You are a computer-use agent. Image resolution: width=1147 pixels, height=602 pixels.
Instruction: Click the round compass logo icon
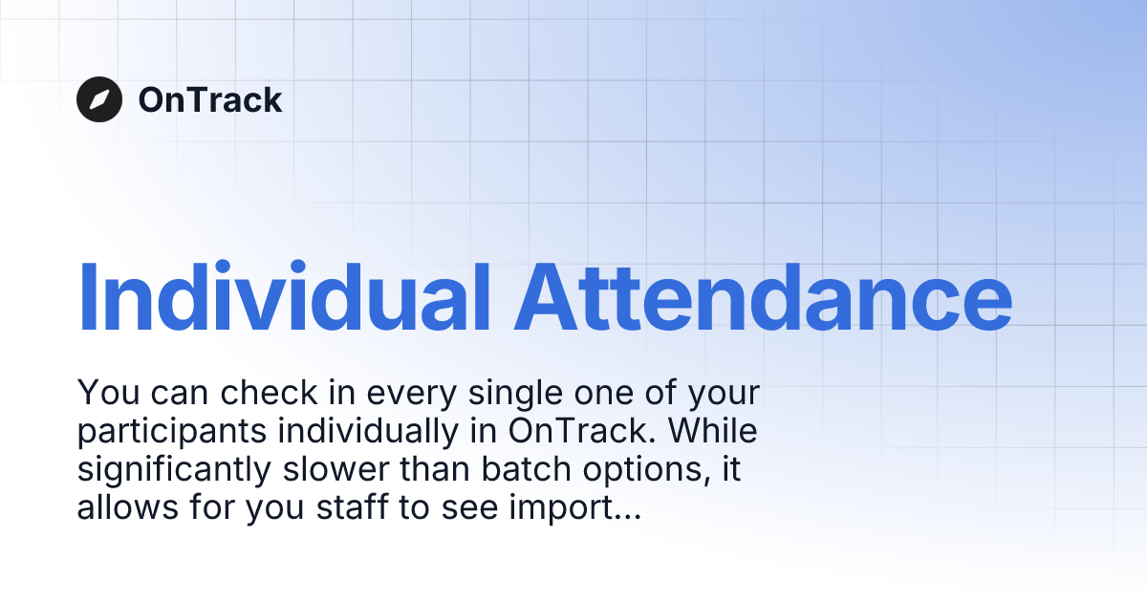point(99,99)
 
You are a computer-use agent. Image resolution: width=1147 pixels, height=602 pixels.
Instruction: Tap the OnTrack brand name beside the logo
point(210,99)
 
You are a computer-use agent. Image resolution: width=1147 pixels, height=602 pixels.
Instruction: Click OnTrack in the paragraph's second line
point(576,432)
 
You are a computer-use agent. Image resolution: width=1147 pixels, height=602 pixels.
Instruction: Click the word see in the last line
point(467,509)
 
